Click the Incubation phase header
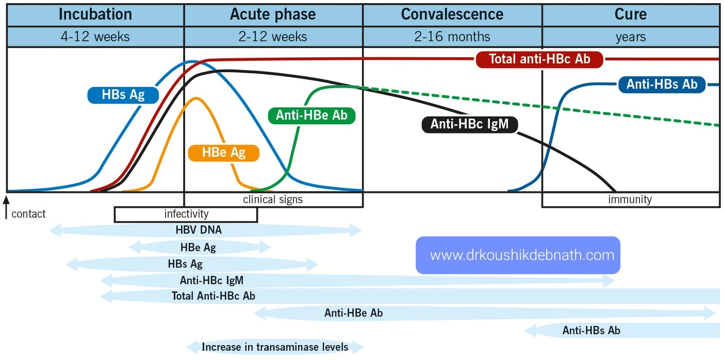click(x=95, y=14)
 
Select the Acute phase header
click(x=273, y=14)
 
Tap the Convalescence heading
click(x=452, y=14)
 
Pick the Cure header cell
click(x=630, y=14)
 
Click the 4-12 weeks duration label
click(x=95, y=37)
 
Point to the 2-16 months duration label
click(x=452, y=37)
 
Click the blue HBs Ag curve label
click(x=123, y=95)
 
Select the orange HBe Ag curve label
click(x=223, y=153)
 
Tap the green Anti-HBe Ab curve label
click(x=312, y=116)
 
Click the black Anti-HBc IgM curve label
click(x=469, y=124)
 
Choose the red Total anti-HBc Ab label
click(x=539, y=59)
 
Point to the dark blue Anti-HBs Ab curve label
click(x=662, y=85)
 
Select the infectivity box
click(x=186, y=214)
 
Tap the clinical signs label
click(x=273, y=199)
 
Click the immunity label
click(x=630, y=199)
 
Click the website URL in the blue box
click(x=518, y=255)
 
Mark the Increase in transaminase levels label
click(x=275, y=347)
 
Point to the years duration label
click(x=630, y=37)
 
